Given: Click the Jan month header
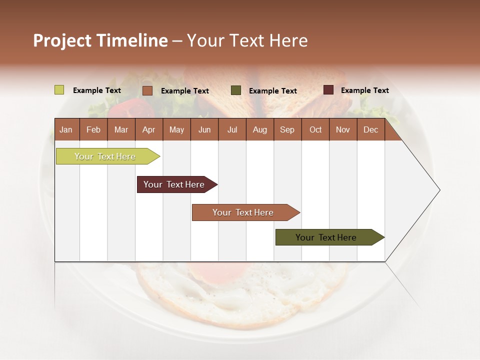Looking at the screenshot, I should (x=66, y=129).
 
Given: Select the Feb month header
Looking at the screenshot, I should (x=93, y=129).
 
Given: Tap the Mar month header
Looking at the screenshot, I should (x=121, y=129).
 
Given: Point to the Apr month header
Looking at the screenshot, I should (x=149, y=129).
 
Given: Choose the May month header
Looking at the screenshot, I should (x=176, y=129).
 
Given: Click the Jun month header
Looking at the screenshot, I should (x=204, y=129).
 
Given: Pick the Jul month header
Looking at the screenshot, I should (x=232, y=129).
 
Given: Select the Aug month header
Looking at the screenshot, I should (x=260, y=129).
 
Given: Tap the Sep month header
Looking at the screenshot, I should (x=287, y=129).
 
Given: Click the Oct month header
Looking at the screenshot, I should (x=315, y=129).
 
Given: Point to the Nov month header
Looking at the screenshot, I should (x=343, y=129).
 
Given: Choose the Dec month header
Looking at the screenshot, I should (x=371, y=129).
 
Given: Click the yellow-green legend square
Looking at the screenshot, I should (x=59, y=90).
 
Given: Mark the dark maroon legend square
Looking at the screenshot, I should (x=328, y=90).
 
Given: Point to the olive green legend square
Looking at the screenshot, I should (x=236, y=90).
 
